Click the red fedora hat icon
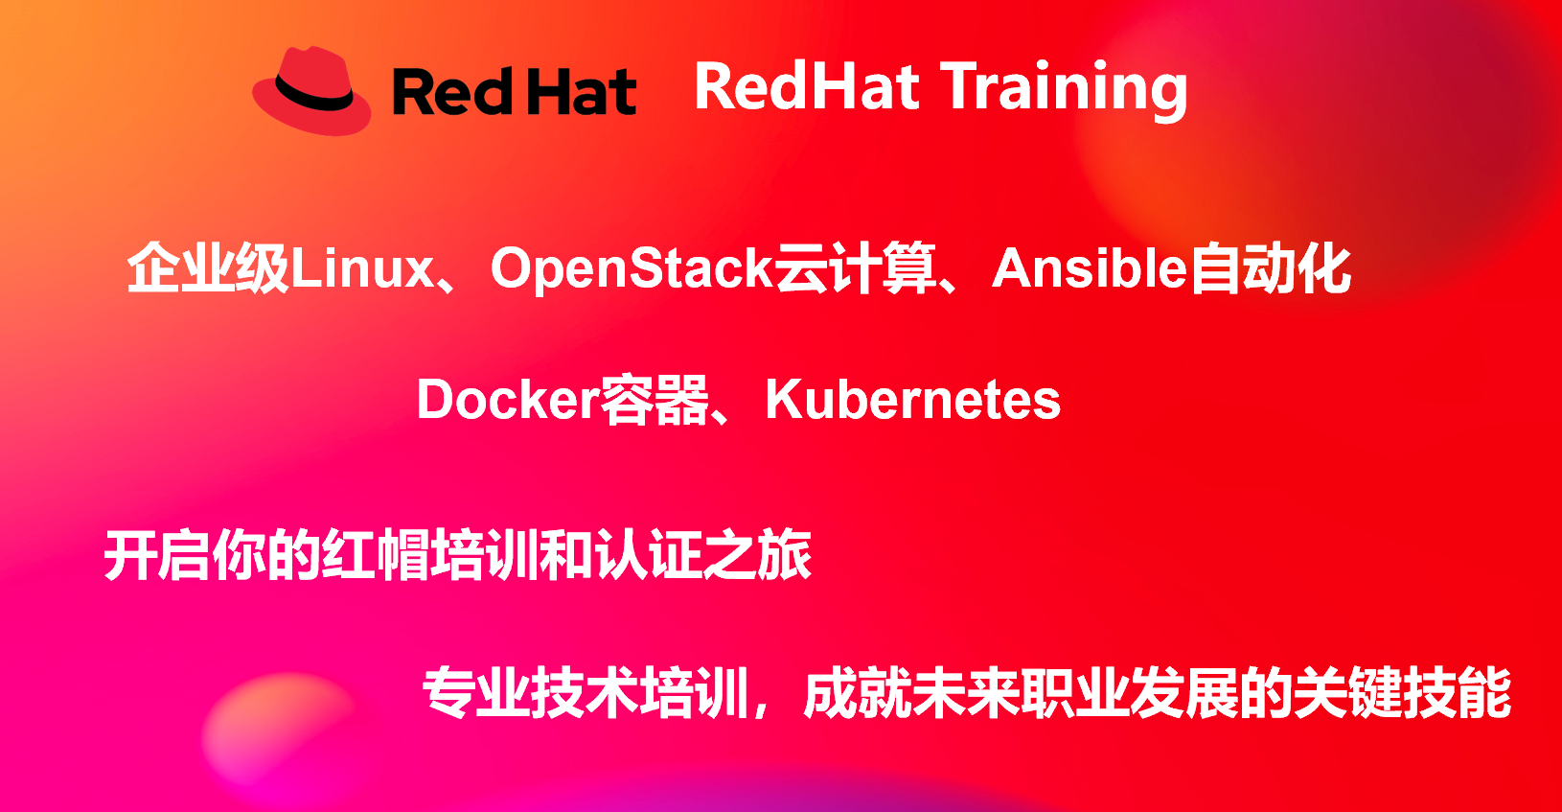pyautogui.click(x=311, y=91)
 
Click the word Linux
pyautogui.click(x=362, y=267)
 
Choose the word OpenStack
pyautogui.click(x=632, y=269)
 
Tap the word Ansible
pyautogui.click(x=1089, y=267)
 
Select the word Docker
pyautogui.click(x=508, y=399)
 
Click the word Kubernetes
pyautogui.click(x=913, y=399)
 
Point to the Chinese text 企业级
pyautogui.click(x=208, y=267)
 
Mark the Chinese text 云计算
pyautogui.click(x=856, y=267)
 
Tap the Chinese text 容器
pyautogui.click(x=655, y=400)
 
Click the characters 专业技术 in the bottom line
pyautogui.click(x=531, y=693)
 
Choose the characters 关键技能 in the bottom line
pyautogui.click(x=1402, y=693)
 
